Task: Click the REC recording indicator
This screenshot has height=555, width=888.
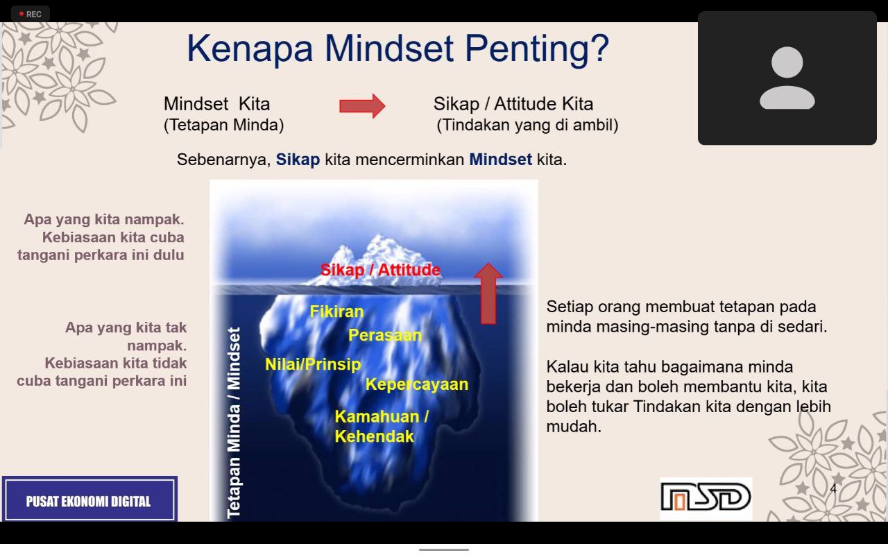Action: point(31,15)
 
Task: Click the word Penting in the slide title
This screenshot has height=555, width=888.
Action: point(536,50)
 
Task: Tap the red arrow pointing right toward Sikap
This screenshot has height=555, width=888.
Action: point(362,106)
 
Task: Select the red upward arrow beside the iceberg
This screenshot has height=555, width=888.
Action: point(488,293)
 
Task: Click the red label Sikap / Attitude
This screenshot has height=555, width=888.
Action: point(380,270)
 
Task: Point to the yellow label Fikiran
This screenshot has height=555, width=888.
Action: point(336,311)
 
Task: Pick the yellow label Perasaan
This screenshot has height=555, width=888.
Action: point(385,335)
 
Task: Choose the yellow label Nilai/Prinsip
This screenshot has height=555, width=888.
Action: point(313,364)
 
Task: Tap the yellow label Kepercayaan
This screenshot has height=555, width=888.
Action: point(417,384)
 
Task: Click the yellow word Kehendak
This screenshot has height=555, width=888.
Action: point(374,436)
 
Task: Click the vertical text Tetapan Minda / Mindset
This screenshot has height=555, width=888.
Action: point(234,422)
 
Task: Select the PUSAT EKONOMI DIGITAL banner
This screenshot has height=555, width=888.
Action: point(89,499)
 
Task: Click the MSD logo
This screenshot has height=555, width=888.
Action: point(706,497)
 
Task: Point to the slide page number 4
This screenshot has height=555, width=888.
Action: point(833,488)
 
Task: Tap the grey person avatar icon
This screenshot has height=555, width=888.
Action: point(787,78)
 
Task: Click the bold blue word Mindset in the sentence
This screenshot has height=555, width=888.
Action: point(500,160)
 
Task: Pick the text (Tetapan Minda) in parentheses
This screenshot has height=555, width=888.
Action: point(223,126)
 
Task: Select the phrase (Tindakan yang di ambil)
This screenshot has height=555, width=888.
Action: point(527,126)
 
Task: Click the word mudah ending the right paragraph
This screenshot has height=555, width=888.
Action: point(574,427)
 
